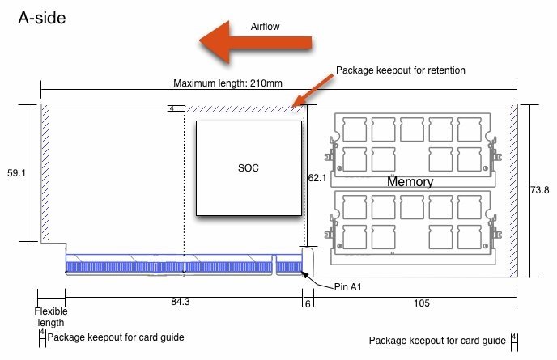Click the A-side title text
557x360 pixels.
click(42, 18)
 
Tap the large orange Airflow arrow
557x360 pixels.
click(255, 42)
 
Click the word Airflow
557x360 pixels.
click(265, 27)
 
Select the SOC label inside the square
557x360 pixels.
click(249, 168)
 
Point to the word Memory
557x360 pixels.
click(410, 182)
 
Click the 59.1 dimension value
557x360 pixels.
click(17, 173)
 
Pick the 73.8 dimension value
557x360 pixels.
click(539, 190)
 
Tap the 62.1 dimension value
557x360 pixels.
click(317, 178)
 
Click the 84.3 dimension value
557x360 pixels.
click(181, 302)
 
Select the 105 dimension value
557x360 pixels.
click(421, 303)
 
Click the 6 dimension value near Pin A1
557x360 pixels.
click(308, 304)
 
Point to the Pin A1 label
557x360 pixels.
click(348, 287)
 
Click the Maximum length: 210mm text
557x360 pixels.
click(227, 83)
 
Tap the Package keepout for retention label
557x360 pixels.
click(400, 70)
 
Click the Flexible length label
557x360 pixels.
click(51, 317)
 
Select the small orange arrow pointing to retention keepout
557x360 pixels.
click(313, 90)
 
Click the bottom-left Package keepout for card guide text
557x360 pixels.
click(116, 337)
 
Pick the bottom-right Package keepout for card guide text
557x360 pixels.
click(437, 341)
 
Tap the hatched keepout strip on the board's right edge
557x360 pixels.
click(513, 190)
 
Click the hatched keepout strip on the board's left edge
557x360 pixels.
click(45, 172)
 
